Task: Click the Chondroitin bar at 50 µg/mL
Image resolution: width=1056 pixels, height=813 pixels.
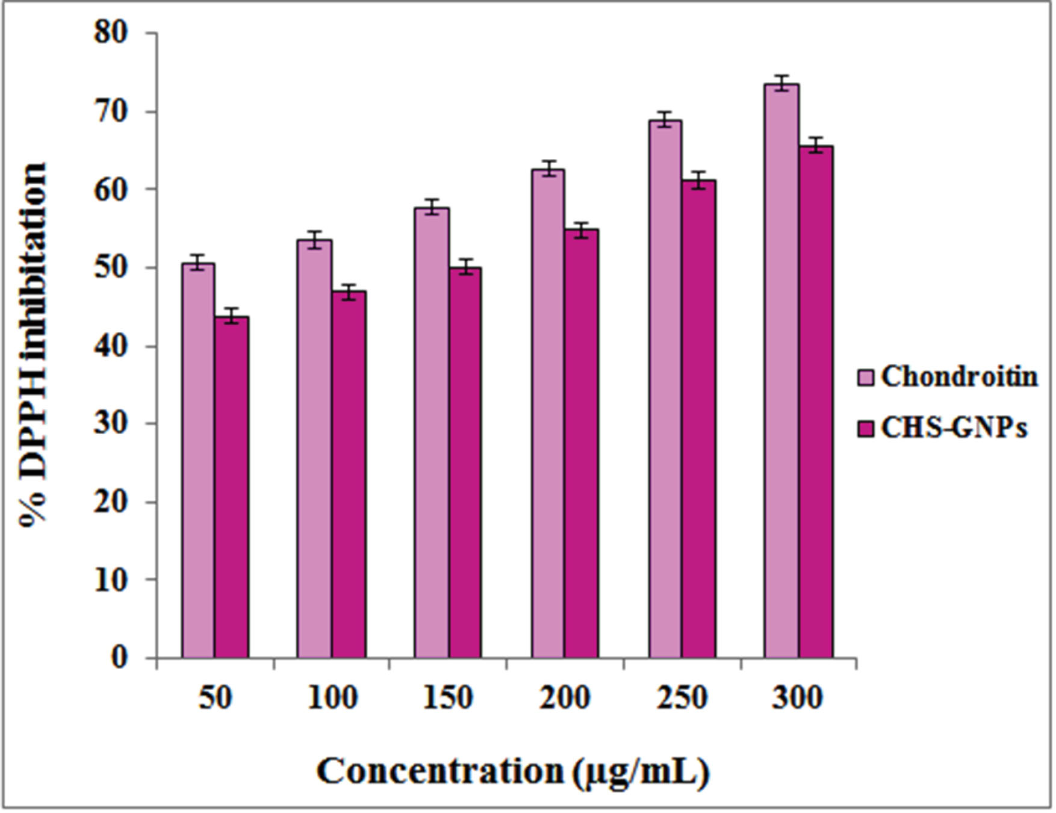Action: click(x=199, y=460)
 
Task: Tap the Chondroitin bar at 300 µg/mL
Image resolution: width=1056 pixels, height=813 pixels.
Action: click(x=782, y=370)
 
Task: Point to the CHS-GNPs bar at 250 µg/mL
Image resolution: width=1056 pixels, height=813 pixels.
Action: click(x=698, y=419)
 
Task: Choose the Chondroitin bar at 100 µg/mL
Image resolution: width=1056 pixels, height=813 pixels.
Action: click(x=314, y=449)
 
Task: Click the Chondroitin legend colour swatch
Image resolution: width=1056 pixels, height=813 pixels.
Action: click(x=866, y=378)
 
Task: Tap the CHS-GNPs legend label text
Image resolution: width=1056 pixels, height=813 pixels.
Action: click(x=954, y=428)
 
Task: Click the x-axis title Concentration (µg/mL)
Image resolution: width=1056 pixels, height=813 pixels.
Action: click(x=513, y=771)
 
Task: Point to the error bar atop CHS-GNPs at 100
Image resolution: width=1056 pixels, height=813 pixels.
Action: click(x=349, y=291)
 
